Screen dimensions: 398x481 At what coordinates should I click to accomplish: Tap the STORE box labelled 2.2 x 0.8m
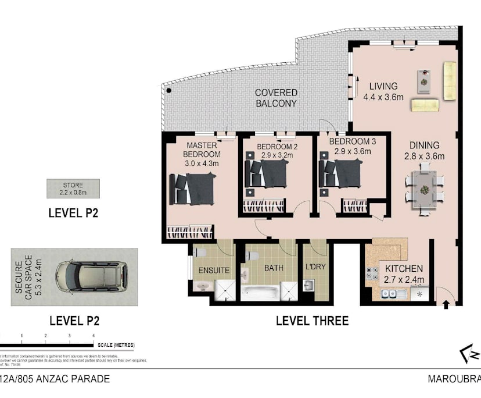click(73, 189)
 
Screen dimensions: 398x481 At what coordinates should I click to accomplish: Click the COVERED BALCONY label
click(276, 98)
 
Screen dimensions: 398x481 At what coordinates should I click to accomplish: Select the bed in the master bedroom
click(192, 187)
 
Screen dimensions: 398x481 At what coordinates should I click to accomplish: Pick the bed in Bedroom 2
click(267, 173)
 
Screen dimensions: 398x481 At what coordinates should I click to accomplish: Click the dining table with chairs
click(425, 189)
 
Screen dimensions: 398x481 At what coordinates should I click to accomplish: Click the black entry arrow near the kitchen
click(446, 303)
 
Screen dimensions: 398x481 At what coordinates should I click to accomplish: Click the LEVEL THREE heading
click(312, 321)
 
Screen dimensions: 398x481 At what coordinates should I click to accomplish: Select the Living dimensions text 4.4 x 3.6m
click(383, 97)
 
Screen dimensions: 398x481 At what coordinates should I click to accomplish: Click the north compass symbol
click(466, 353)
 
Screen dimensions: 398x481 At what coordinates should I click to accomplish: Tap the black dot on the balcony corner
click(168, 91)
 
